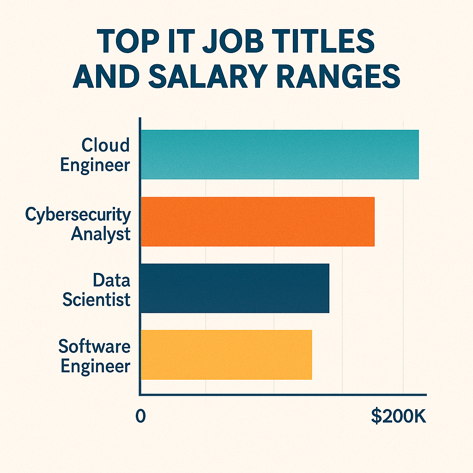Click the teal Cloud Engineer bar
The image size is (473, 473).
click(279, 155)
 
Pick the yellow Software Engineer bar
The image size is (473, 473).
click(226, 355)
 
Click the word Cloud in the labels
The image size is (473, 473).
click(106, 146)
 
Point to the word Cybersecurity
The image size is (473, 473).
click(78, 215)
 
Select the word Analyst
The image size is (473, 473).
click(101, 234)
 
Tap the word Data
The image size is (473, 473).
click(111, 280)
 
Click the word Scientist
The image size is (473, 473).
click(96, 299)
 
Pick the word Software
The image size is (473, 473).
click(95, 346)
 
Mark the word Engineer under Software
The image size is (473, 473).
click(95, 366)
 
